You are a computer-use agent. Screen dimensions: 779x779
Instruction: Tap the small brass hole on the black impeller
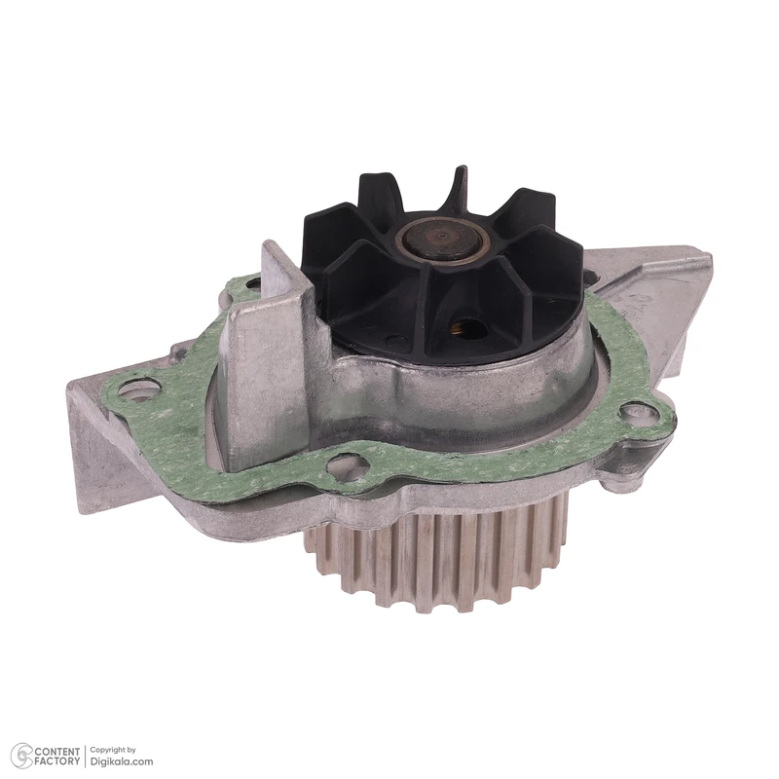pyautogui.click(x=465, y=326)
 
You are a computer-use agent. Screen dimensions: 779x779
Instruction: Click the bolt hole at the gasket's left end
pyautogui.click(x=140, y=388)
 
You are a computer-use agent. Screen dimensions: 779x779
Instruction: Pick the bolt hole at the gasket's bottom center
pyautogui.click(x=348, y=467)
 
